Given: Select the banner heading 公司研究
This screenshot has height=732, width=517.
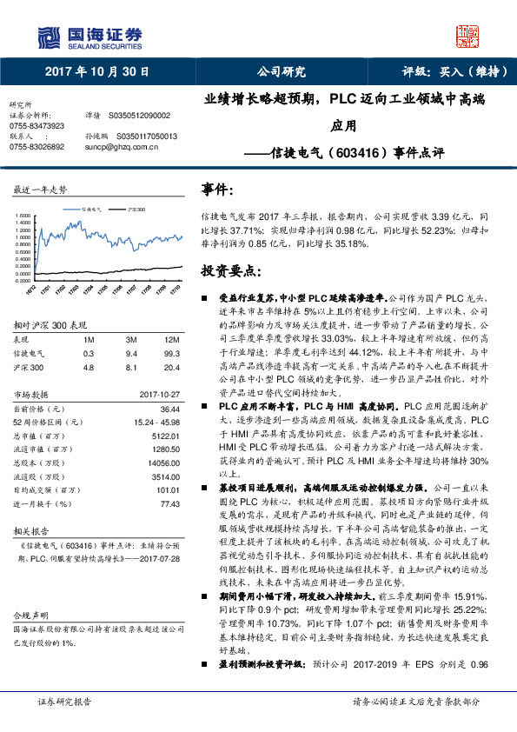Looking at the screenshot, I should pos(281,72).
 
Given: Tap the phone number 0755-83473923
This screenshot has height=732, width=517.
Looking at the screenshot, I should pos(36,125).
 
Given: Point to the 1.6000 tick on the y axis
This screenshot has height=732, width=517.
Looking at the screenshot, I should pos(23,216).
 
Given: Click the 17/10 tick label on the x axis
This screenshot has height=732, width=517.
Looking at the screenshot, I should pos(175,288).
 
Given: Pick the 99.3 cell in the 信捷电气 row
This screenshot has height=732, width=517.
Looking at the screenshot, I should pos(173,354).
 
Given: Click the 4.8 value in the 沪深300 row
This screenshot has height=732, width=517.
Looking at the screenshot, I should pos(89,367).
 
